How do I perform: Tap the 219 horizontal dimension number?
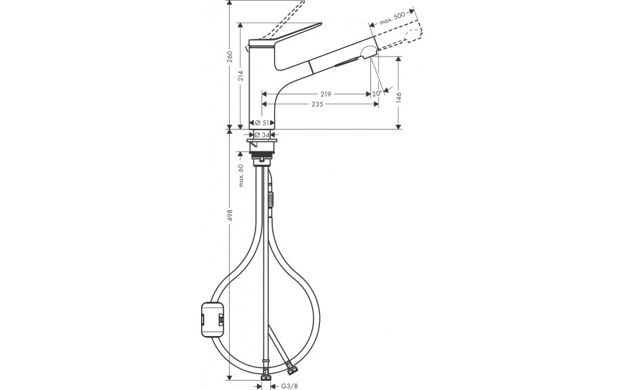click(325, 94)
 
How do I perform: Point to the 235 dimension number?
click(317, 104)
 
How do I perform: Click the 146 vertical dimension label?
click(399, 98)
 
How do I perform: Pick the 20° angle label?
click(377, 94)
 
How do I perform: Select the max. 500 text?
click(392, 19)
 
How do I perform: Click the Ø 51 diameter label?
click(262, 123)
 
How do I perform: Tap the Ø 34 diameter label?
click(262, 135)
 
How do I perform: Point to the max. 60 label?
click(241, 175)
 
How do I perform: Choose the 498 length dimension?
click(230, 215)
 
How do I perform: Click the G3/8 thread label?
click(289, 386)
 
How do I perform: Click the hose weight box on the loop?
click(212, 320)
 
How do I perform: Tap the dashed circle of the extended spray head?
click(412, 37)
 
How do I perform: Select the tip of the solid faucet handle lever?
click(321, 23)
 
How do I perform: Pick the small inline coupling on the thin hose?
click(272, 199)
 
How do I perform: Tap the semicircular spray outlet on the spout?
click(369, 52)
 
